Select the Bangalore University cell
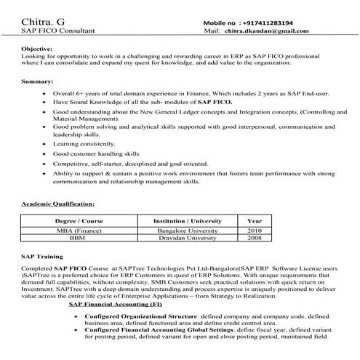pos(186,230)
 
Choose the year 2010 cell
pos(255,230)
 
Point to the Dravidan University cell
pos(186,238)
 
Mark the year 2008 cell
pos(255,238)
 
